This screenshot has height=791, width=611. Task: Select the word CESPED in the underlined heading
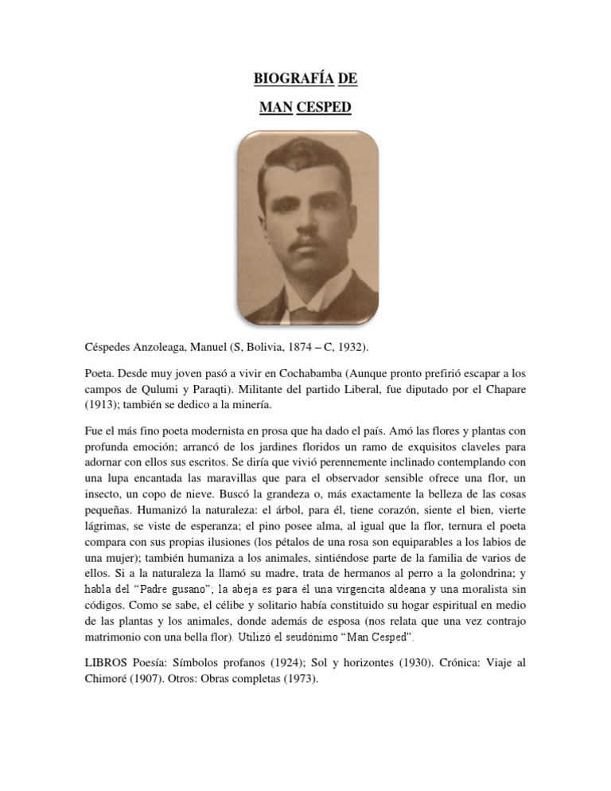click(324, 107)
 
